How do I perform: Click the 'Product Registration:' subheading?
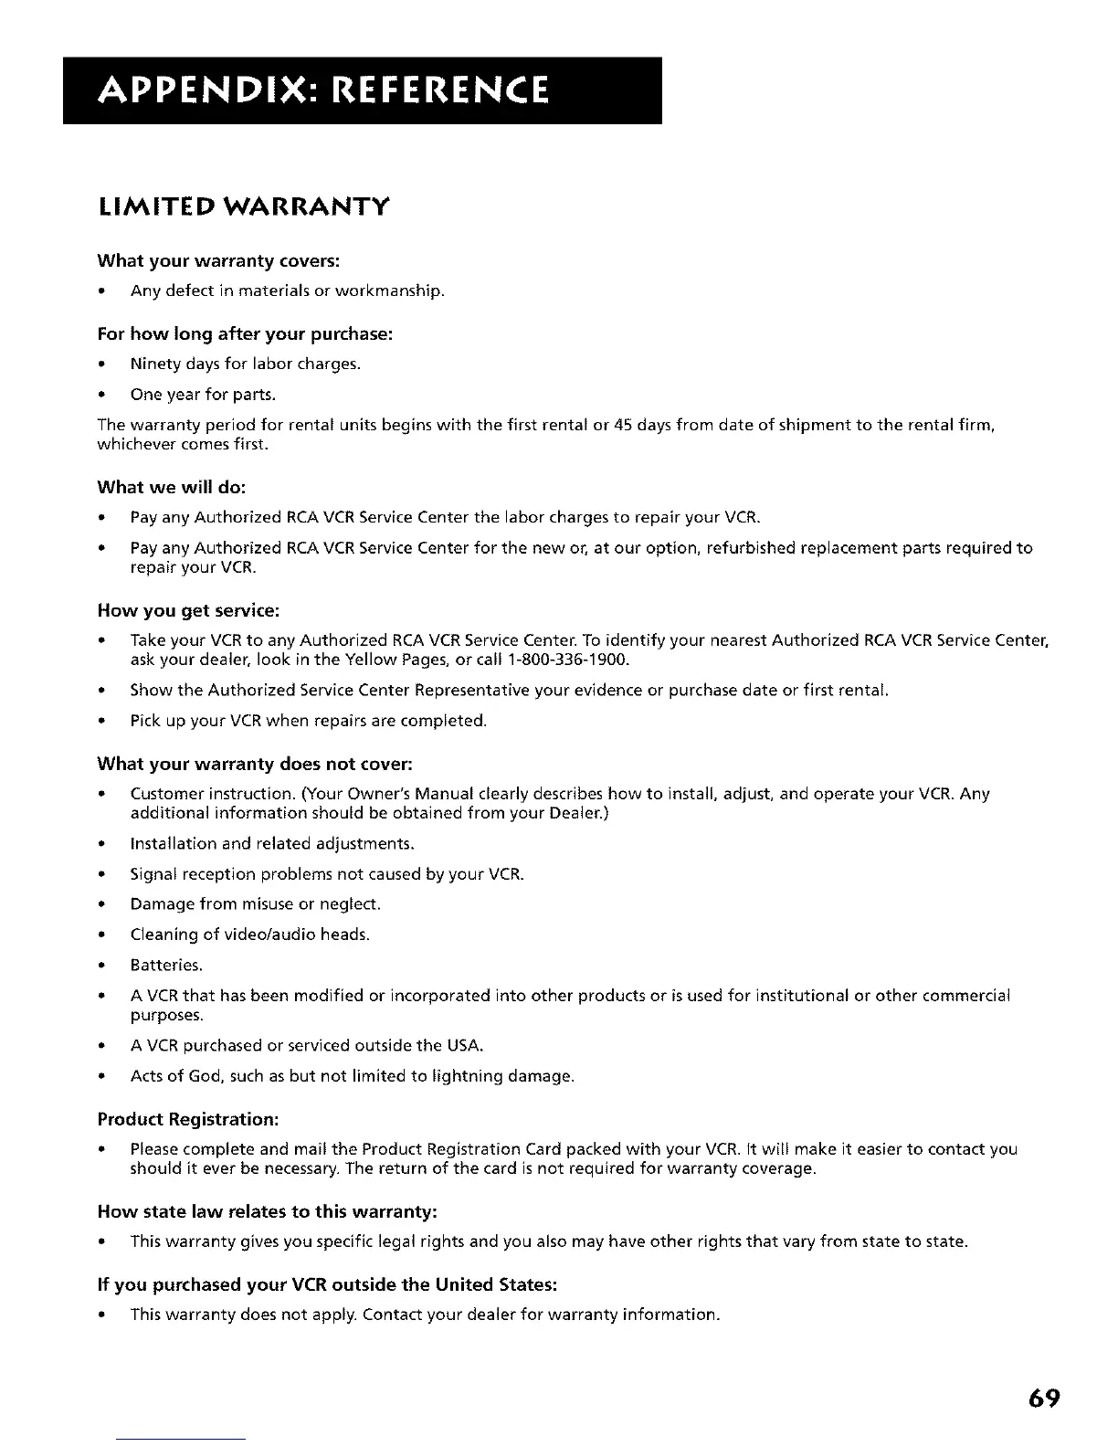pyautogui.click(x=188, y=1119)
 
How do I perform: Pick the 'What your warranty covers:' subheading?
pyautogui.click(x=218, y=261)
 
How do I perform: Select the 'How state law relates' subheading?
pyautogui.click(x=268, y=1211)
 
